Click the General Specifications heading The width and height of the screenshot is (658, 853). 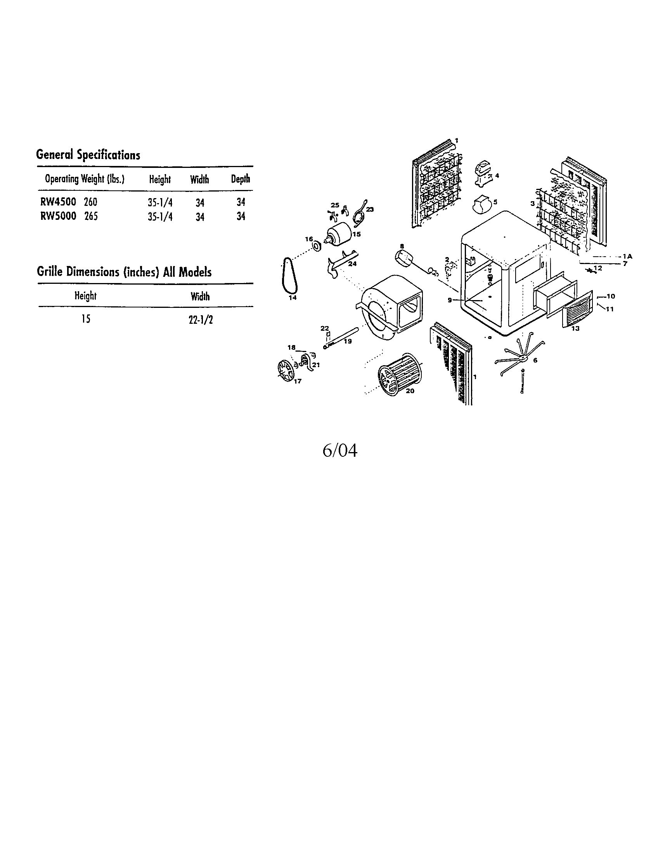tap(88, 155)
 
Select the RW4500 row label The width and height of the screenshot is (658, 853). tap(58, 202)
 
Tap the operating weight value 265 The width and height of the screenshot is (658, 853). tap(91, 216)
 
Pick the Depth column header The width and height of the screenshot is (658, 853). tap(240, 179)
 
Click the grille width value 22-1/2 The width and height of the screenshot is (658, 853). tap(201, 320)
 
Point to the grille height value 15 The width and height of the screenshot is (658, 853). tap(86, 319)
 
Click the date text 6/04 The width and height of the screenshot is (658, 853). tap(340, 451)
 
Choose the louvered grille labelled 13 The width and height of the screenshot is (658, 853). tap(578, 309)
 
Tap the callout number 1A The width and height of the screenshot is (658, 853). tap(627, 256)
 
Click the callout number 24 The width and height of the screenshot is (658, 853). tap(352, 264)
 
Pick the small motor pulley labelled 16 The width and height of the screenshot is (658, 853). tap(317, 247)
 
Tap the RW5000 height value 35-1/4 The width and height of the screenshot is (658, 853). tap(160, 216)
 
